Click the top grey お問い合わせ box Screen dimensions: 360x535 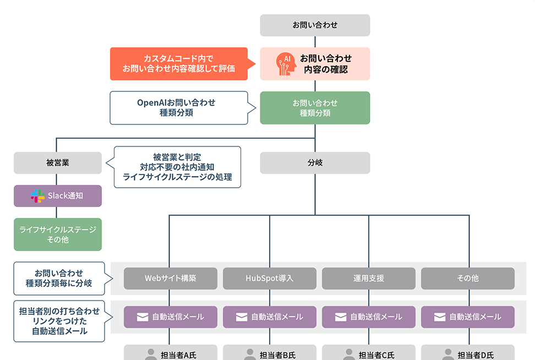pyautogui.click(x=315, y=25)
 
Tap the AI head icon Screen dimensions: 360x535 pyautogui.click(x=286, y=64)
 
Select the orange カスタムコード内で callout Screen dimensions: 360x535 pyautogui.click(x=178, y=64)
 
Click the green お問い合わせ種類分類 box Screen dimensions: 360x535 pyautogui.click(x=315, y=108)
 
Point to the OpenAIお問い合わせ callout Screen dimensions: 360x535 pyautogui.click(x=176, y=108)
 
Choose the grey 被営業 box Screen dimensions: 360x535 pyautogui.click(x=58, y=163)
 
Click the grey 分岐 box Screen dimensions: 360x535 pyautogui.click(x=315, y=163)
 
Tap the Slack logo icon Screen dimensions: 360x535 pyautogui.click(x=37, y=196)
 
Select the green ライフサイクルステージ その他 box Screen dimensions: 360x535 pyautogui.click(x=58, y=234)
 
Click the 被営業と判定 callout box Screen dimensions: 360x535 pyautogui.click(x=177, y=167)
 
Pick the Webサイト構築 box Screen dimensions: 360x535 pyautogui.click(x=171, y=279)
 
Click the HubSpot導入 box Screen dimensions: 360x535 pyautogui.click(x=270, y=279)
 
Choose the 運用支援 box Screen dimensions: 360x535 pyautogui.click(x=369, y=279)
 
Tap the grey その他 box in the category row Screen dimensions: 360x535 pyautogui.click(x=468, y=279)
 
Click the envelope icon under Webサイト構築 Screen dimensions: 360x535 pyautogui.click(x=143, y=317)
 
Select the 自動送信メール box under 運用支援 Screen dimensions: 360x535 pyautogui.click(x=369, y=317)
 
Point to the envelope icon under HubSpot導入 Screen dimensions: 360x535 pyautogui.click(x=242, y=317)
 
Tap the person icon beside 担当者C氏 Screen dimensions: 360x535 pyautogui.click(x=349, y=354)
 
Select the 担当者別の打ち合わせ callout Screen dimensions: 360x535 pyautogui.click(x=59, y=321)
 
